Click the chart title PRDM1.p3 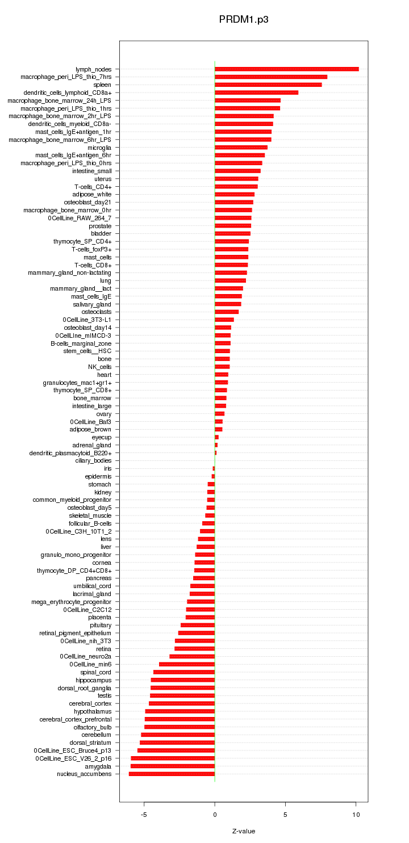244,19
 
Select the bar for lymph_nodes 286,69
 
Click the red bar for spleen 268,85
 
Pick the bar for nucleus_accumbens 172,774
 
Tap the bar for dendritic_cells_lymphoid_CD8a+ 256,93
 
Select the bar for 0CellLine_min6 187,664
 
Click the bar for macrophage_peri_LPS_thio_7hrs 271,77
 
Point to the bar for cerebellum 178,735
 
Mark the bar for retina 194,648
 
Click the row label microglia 99,148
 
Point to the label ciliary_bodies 94,461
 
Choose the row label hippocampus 94,680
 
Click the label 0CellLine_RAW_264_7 80,218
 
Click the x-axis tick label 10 356,815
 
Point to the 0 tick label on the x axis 215,815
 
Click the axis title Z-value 244,832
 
